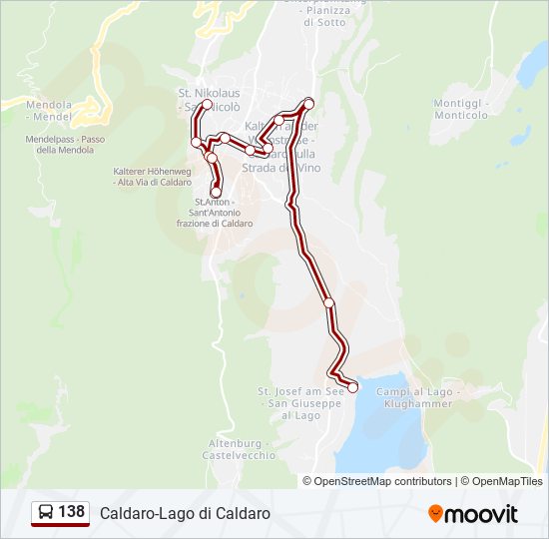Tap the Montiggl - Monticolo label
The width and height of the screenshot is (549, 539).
coord(460,109)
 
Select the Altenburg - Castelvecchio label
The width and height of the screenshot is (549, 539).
coord(239,448)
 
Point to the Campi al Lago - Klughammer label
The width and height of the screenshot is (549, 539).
coord(415,397)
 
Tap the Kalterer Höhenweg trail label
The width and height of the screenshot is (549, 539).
coord(153,177)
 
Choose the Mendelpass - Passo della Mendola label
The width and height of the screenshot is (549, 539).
coord(65,145)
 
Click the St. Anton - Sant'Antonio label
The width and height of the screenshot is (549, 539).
coord(215,213)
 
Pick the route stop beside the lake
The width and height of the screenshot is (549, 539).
coord(352,387)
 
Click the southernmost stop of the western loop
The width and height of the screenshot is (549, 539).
coord(216,192)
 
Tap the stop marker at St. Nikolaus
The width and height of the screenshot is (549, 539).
coord(207,104)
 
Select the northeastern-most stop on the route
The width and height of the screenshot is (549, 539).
coord(309,103)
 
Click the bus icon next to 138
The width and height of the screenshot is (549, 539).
coord(46,512)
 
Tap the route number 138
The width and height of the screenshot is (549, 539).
coord(72,512)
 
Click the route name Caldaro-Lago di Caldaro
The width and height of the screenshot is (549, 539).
coord(185,513)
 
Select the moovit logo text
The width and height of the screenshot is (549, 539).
coord(482,514)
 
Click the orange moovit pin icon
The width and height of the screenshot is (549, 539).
coord(436,514)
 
